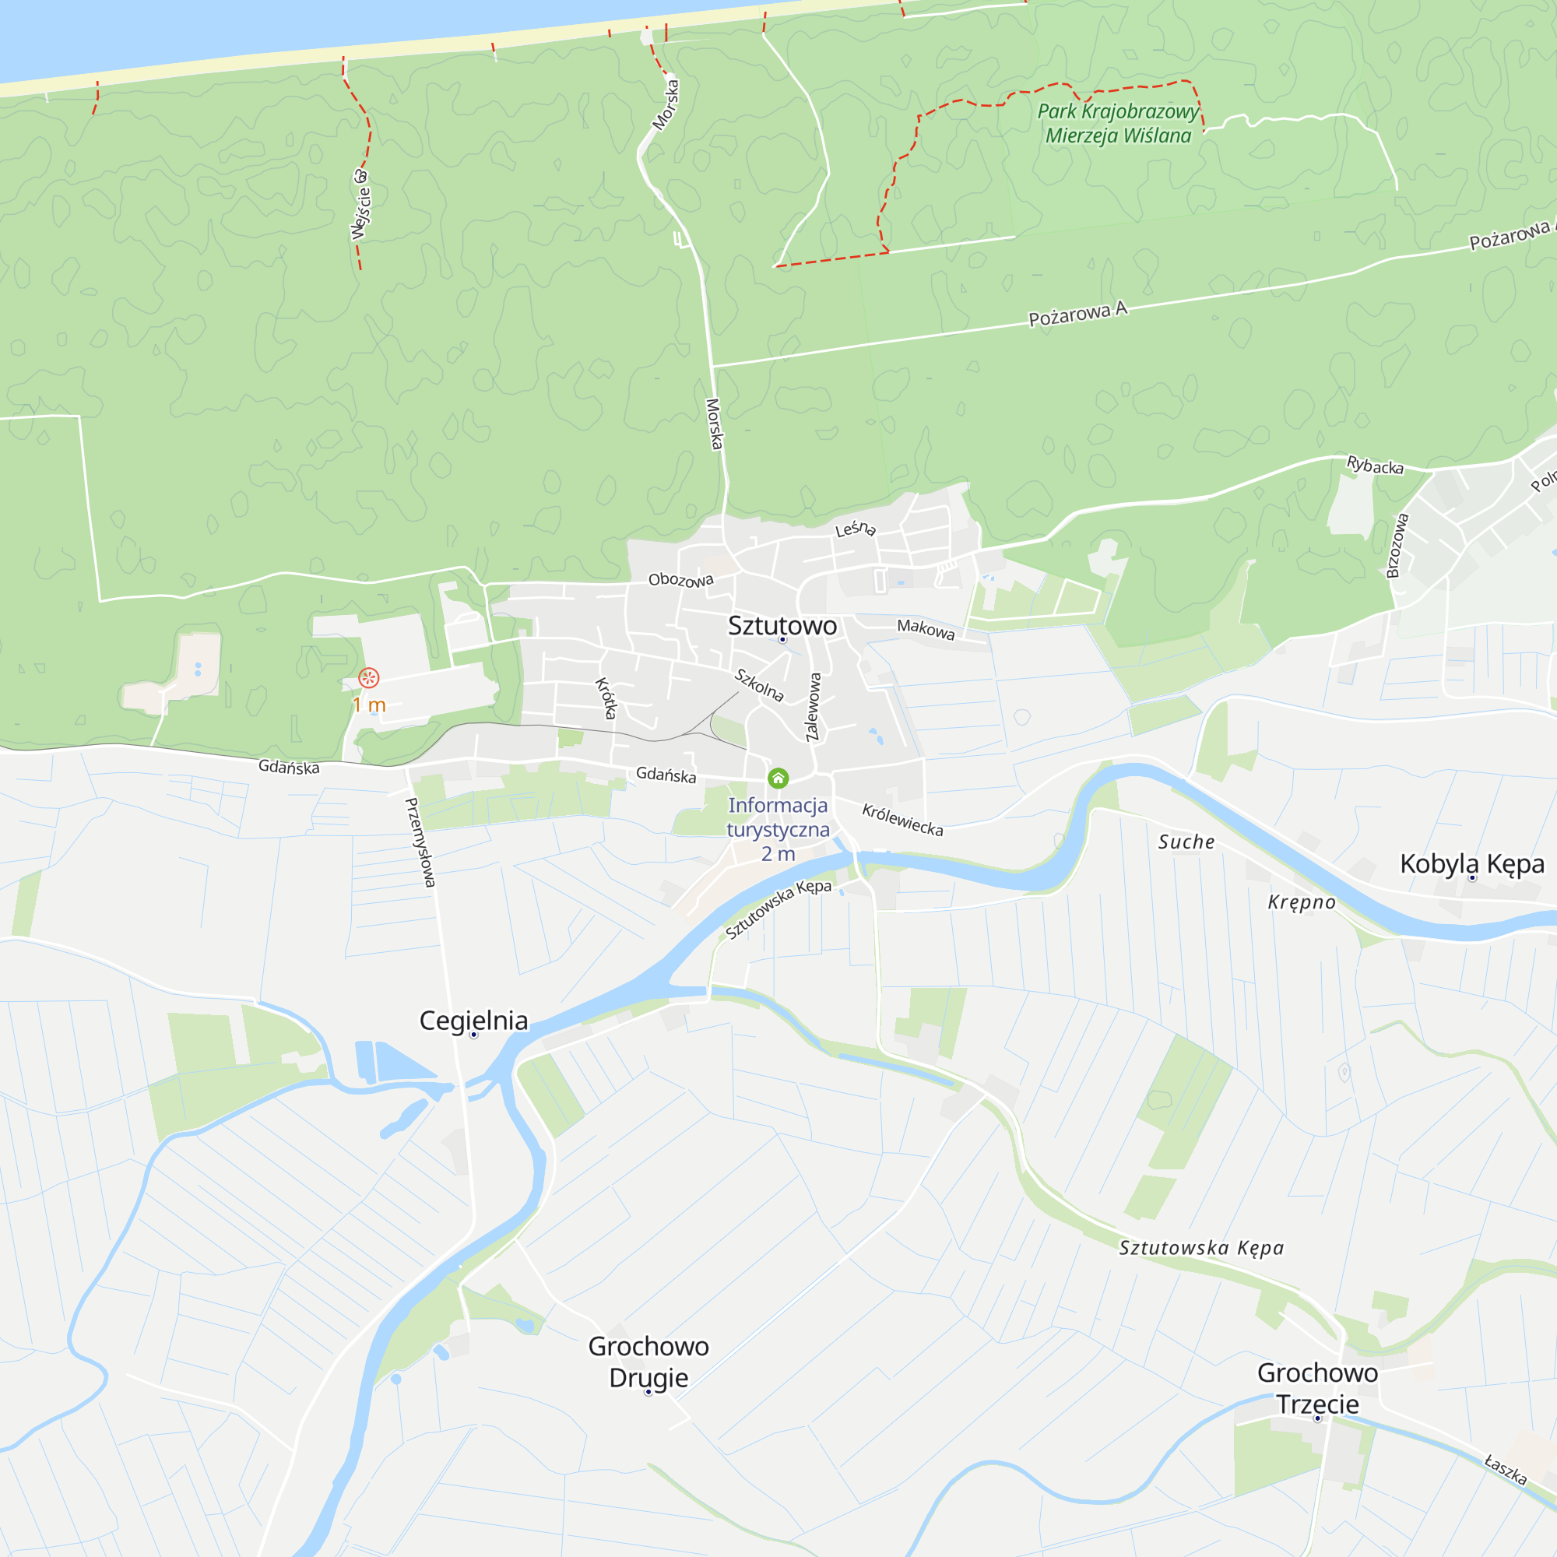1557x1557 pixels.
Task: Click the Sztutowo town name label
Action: click(782, 625)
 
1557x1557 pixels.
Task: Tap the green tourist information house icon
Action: click(778, 778)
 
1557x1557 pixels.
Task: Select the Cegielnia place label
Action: click(473, 1021)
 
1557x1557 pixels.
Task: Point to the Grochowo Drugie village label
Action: click(648, 1361)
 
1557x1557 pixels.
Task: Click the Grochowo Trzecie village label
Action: click(1317, 1388)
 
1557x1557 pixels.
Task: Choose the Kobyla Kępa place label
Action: click(1471, 863)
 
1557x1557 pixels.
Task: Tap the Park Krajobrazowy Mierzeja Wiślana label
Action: click(1118, 123)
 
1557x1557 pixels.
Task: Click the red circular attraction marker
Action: click(368, 678)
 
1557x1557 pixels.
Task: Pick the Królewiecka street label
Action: click(902, 820)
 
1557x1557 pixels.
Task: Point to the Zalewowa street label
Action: click(814, 707)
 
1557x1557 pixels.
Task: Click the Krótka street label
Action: click(606, 697)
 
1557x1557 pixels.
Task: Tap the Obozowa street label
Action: click(681, 579)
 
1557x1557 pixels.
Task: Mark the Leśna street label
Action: click(855, 529)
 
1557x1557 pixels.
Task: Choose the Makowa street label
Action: click(926, 628)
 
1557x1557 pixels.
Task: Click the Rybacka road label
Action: click(1375, 465)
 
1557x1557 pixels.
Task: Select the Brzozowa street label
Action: click(1397, 546)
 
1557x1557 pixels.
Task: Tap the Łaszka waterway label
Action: click(1506, 1469)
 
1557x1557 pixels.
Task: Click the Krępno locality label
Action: click(1302, 902)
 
